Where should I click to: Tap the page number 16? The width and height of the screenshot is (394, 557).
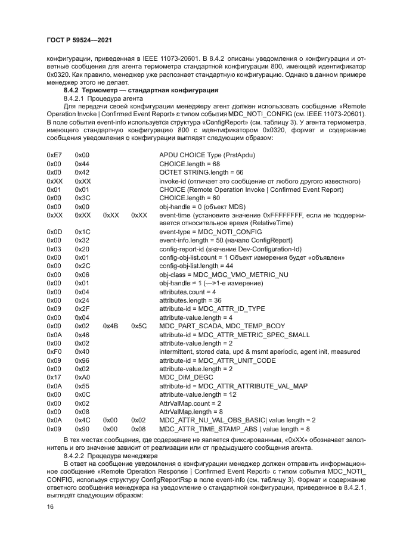(x=50, y=506)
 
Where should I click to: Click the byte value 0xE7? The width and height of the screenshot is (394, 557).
(x=54, y=155)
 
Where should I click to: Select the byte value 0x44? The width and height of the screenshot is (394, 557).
(x=82, y=164)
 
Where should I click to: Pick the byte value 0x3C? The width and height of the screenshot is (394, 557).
(x=82, y=198)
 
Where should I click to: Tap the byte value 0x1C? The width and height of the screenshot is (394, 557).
(x=82, y=232)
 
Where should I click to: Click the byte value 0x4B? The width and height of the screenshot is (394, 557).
(x=111, y=326)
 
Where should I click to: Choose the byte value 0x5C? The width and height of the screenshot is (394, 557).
(x=139, y=326)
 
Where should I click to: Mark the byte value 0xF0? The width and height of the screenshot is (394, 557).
(x=54, y=352)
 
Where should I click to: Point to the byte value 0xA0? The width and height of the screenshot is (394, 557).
(x=82, y=378)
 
